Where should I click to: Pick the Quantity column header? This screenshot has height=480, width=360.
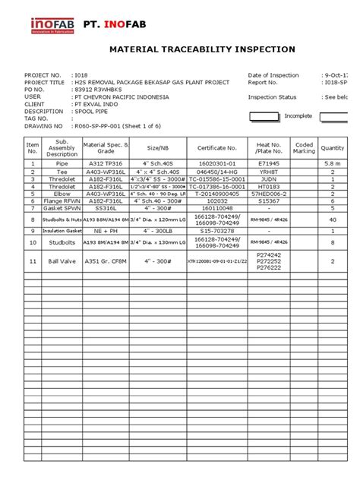(333, 148)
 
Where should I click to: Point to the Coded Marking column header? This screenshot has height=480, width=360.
(304, 148)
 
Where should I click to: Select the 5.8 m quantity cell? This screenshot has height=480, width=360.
(333, 163)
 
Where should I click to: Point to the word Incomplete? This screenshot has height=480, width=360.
(298, 117)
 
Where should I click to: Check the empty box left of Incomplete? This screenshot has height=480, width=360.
(265, 117)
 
